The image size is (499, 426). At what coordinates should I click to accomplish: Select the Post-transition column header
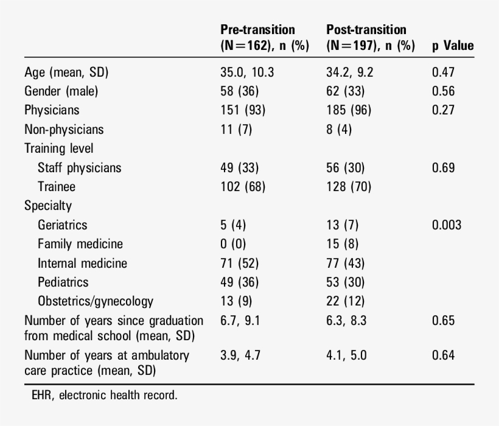pos(370,37)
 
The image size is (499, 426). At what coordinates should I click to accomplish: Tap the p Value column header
pos(452,46)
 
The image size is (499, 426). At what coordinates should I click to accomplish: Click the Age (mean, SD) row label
pos(66,72)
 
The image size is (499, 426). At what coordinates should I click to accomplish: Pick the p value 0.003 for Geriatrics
pos(446,225)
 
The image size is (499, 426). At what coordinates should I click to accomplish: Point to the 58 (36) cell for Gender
pos(239,91)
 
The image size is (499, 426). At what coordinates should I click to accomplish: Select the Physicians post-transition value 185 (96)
pos(348,110)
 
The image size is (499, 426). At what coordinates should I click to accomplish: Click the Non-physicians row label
pos(64,129)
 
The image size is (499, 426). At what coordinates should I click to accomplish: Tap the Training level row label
pos(59,148)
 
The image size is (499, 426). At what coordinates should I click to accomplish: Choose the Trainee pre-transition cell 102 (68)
pos(242,187)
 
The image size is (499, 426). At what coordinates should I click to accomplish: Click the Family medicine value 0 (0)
pos(233,244)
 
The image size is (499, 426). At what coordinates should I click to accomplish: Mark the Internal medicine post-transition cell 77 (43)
pos(346,263)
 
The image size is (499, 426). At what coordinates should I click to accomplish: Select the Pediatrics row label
pos(63,282)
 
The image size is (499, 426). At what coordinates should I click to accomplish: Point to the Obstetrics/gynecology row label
pos(96,301)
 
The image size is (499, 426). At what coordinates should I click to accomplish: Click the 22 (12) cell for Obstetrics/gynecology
pos(346,301)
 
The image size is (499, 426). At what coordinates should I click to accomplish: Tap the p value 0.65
pos(443,321)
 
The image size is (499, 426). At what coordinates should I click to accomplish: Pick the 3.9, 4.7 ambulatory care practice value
pos(240,355)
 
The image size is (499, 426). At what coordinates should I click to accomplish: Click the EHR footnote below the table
pos(104,396)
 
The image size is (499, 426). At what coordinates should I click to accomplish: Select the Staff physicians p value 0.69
pos(443,167)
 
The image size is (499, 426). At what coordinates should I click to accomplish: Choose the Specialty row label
pos(48,206)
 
